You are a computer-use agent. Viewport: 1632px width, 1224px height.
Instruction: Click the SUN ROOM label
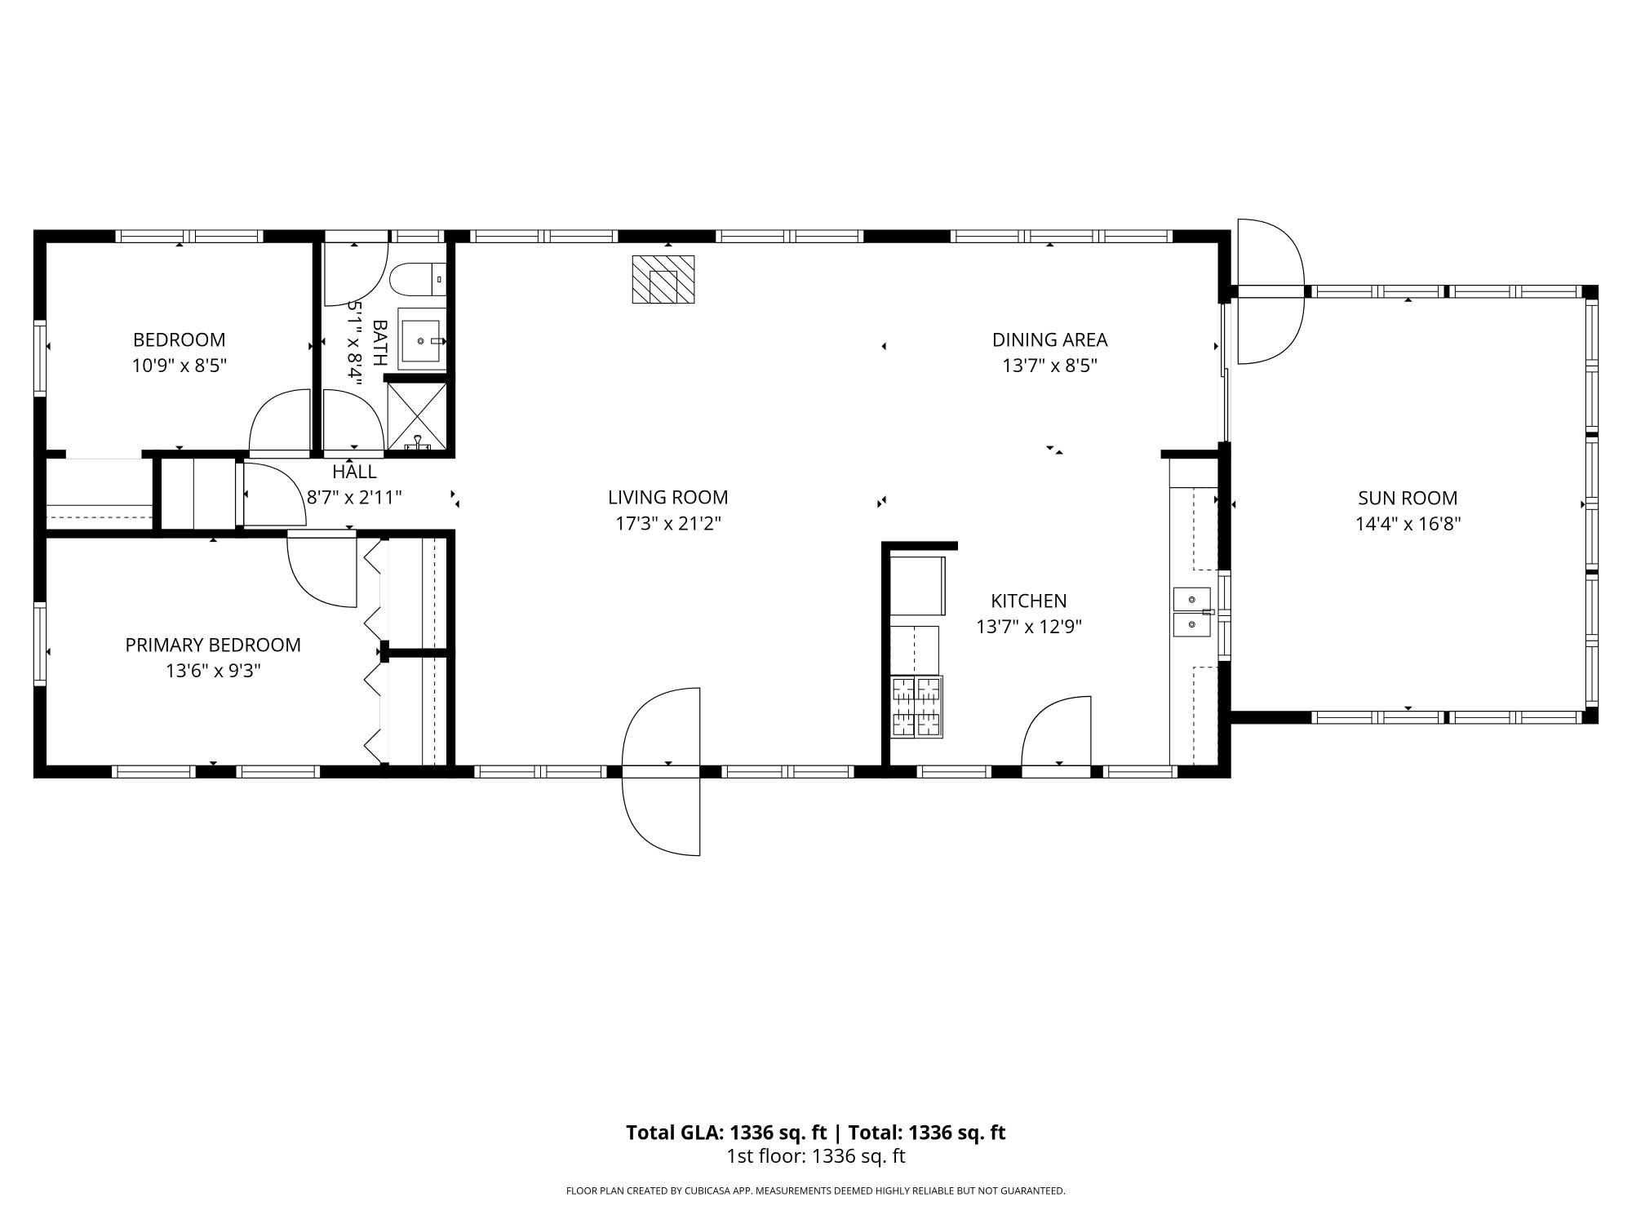tap(1408, 498)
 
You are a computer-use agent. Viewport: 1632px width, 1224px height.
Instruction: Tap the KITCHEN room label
tap(1028, 601)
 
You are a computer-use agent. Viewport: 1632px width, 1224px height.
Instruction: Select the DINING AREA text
tap(1049, 339)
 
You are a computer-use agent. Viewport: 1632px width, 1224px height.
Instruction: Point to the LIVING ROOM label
tap(667, 497)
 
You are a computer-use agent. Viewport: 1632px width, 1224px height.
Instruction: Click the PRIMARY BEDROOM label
tap(213, 645)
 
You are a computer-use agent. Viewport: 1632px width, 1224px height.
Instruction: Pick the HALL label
tap(354, 472)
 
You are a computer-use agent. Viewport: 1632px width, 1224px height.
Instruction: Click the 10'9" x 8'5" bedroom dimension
tap(180, 365)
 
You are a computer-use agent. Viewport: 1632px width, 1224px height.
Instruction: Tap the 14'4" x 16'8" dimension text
tap(1408, 524)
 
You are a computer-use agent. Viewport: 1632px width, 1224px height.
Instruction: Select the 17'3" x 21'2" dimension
tap(667, 523)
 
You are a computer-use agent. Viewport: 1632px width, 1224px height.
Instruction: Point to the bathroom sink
tap(422, 339)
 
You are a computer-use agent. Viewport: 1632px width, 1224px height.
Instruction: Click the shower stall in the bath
tap(417, 416)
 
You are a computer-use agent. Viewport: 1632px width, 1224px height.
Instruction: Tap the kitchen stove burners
tap(916, 707)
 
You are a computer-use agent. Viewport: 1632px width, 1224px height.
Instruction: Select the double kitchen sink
tap(1192, 612)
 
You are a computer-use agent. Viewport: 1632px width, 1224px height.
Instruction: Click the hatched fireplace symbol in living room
tap(663, 280)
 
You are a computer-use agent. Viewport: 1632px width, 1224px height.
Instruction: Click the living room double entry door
tap(661, 771)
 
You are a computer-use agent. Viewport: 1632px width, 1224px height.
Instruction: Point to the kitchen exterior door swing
tap(1056, 731)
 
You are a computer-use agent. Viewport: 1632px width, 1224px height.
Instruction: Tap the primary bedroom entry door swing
tap(322, 571)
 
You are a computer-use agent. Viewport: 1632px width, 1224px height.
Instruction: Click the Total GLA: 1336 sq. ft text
tap(726, 1133)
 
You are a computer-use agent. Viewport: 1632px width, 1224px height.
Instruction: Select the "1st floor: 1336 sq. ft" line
tap(816, 1156)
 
